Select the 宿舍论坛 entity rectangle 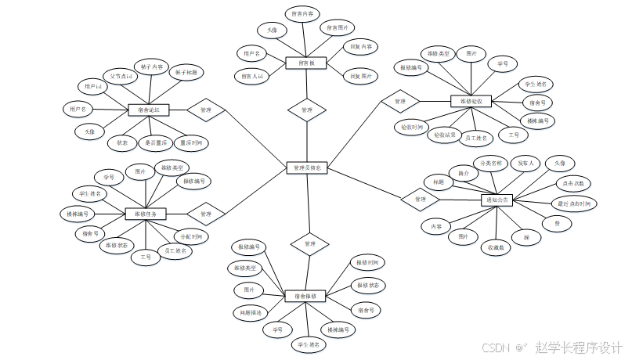coord(148,110)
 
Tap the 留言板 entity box coord(306,63)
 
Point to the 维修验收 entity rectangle coord(471,101)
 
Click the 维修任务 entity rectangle coord(146,214)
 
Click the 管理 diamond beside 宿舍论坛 coord(206,110)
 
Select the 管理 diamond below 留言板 coord(306,110)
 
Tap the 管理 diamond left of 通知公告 coord(421,200)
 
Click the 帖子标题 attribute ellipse coord(186,73)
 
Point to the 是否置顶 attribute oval coord(153,143)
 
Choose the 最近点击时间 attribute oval coord(574,204)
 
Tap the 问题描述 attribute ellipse coord(251,311)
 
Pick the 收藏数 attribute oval coord(495,247)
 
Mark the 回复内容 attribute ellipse coord(361,47)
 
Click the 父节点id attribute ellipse coord(121,77)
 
